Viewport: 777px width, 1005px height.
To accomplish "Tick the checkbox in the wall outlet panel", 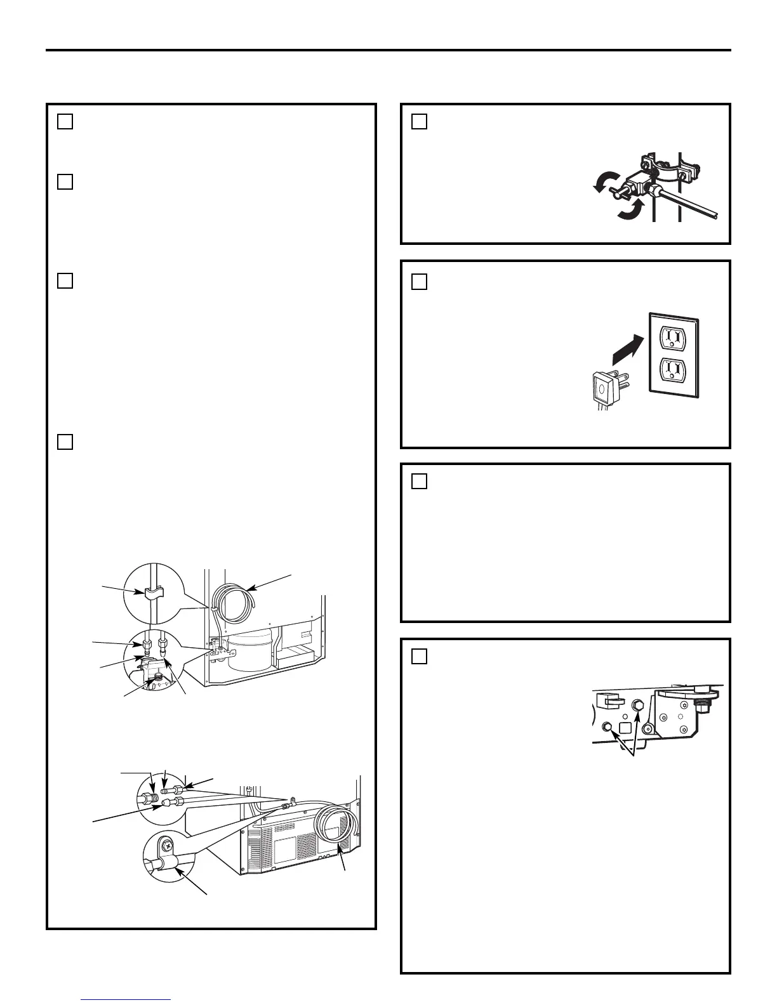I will [419, 281].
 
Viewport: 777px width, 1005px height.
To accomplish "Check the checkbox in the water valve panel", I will [419, 121].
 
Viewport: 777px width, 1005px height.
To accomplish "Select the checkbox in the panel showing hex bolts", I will [419, 655].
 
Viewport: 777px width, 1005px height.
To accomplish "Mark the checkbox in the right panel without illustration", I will [419, 481].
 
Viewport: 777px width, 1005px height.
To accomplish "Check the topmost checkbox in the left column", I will [65, 121].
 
